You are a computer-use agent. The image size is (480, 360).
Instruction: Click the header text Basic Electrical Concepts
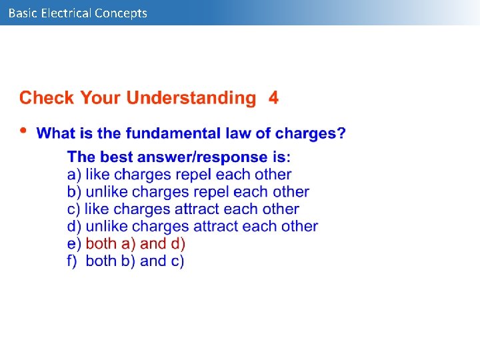(78, 13)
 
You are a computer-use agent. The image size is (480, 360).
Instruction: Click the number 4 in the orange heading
(273, 98)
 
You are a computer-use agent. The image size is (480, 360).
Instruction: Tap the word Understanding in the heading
(191, 98)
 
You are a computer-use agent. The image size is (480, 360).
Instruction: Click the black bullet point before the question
(25, 131)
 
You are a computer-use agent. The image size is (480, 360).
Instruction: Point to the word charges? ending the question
(310, 133)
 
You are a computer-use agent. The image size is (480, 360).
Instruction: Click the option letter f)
(73, 261)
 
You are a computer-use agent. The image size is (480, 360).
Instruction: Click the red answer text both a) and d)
(135, 244)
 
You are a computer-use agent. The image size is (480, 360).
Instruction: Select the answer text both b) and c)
(135, 261)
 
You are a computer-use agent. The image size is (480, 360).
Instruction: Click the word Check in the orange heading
(47, 98)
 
